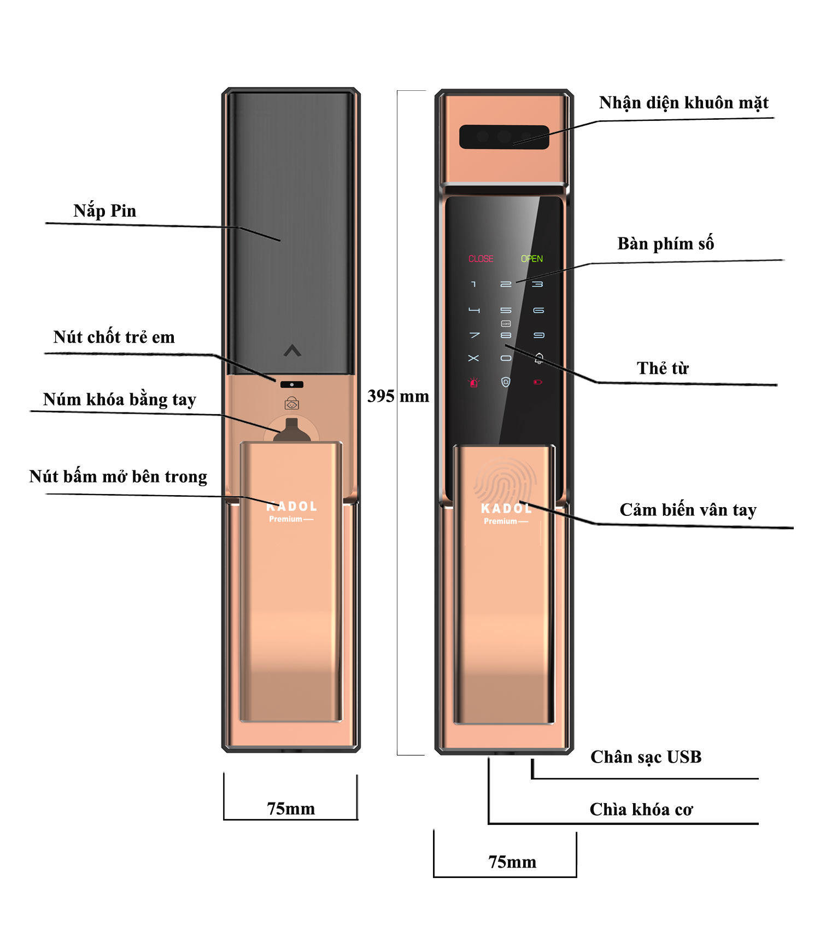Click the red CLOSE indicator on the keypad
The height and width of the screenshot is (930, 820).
481,259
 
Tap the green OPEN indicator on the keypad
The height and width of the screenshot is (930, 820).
531,259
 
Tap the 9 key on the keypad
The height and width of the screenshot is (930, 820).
538,335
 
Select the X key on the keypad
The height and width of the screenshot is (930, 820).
473,358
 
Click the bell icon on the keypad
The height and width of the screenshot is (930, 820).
538,358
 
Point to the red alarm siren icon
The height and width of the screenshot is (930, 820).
473,382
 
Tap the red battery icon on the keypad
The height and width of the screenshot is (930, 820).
537,382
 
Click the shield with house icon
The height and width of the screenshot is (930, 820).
506,382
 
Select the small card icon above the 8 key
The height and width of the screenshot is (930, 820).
506,324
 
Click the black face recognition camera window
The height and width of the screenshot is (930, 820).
503,137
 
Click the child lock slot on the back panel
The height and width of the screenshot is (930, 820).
291,385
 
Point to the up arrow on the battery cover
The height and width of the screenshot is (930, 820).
292,351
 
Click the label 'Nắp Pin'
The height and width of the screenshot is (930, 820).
104,211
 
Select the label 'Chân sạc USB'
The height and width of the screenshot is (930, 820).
646,757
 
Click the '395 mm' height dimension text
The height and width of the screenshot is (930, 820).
398,396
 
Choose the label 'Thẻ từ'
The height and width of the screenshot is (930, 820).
663,368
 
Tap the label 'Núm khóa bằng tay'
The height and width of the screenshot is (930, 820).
119,399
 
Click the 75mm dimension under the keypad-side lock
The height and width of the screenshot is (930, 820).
512,862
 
